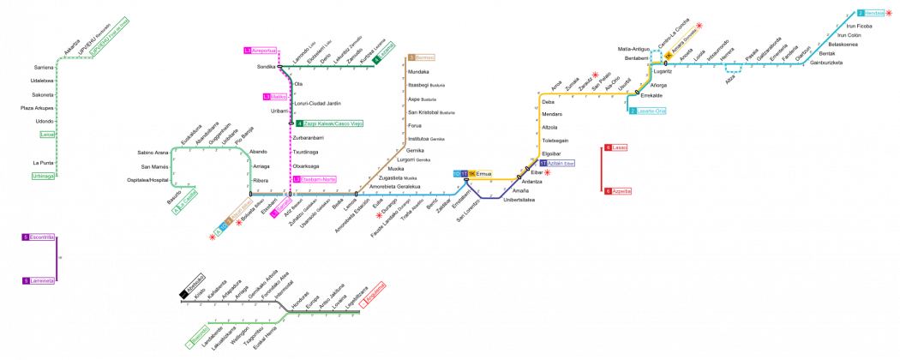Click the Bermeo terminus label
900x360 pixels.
pos(421,57)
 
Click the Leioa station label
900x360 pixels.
pos(47,135)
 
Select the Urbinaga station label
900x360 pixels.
pos(43,176)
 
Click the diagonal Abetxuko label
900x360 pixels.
pos(195,284)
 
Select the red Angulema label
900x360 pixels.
pos(372,295)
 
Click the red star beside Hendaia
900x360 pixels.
pos(889,13)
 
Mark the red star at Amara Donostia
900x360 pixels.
pos(699,26)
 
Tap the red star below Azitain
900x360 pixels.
pos(547,173)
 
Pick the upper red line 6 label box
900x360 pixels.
pos(616,147)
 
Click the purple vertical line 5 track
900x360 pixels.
pos(57,259)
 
